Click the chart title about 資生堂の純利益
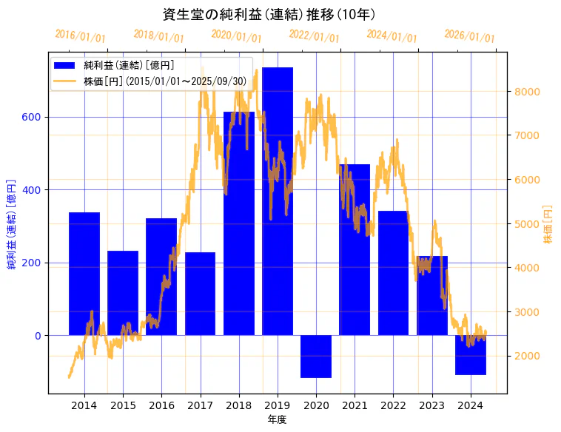(x=269, y=15)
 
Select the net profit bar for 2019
(x=278, y=200)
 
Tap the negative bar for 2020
(x=316, y=357)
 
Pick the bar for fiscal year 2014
(x=84, y=274)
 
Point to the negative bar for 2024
(x=471, y=355)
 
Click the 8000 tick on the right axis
(x=528, y=92)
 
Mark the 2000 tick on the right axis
(x=528, y=356)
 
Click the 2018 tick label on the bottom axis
(x=239, y=405)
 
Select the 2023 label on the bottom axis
(x=431, y=405)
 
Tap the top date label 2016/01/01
(x=81, y=36)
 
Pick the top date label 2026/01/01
(x=469, y=36)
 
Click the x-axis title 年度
(x=277, y=419)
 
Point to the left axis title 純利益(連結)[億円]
(x=12, y=223)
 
